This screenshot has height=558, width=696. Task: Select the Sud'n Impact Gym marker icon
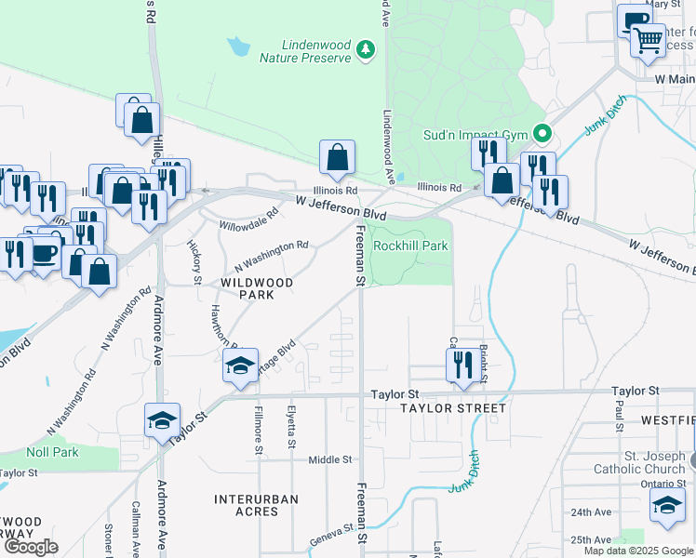pos(540,133)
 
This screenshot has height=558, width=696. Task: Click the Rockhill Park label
pos(410,246)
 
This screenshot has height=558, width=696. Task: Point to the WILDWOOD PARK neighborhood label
pos(256,288)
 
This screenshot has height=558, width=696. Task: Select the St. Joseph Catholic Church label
pos(640,462)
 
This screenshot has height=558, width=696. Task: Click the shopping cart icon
pos(648,40)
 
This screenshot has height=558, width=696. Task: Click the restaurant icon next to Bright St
pos(462,365)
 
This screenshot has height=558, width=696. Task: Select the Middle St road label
pos(330,459)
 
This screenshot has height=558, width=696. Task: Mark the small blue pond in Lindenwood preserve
pos(238,45)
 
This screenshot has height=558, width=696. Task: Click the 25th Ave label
pos(592,539)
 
